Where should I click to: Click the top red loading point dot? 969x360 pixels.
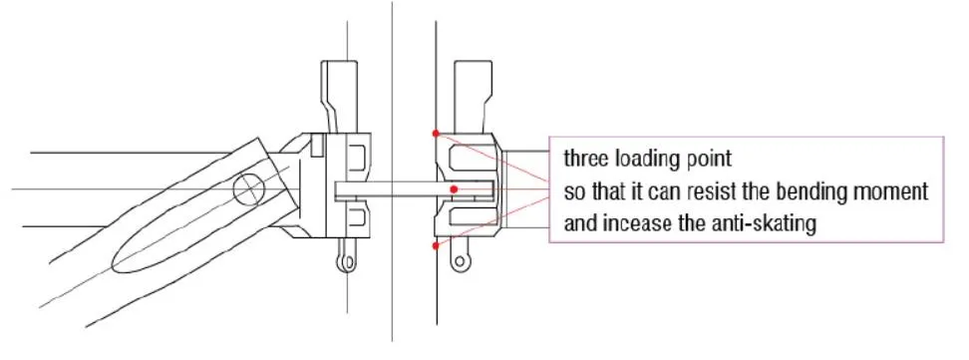pos(436,133)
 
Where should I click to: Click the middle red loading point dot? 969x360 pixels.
pos(455,188)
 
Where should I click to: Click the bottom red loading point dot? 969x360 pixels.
pos(436,244)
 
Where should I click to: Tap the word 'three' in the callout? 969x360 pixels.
pos(584,159)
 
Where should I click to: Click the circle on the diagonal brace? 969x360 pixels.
pos(246,188)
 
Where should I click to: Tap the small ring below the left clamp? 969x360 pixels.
pos(344,263)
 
